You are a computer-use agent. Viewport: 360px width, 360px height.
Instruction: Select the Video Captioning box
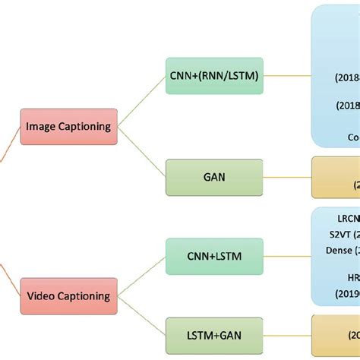click(x=68, y=295)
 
